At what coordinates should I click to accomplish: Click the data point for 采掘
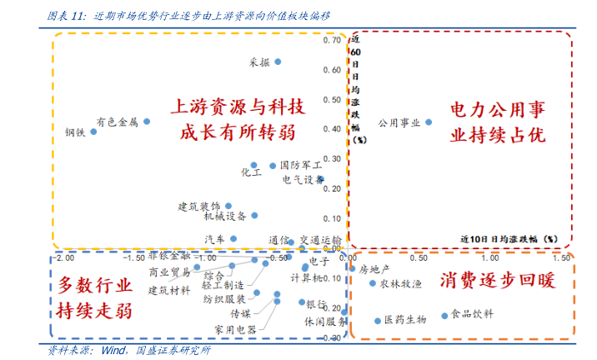(278, 62)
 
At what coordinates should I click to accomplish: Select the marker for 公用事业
(429, 122)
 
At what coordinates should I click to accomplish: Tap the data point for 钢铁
(93, 132)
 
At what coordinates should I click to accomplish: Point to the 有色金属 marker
(147, 121)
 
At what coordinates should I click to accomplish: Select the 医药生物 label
(405, 320)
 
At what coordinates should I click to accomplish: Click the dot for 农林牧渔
(373, 283)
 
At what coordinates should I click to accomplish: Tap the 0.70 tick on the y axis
(331, 40)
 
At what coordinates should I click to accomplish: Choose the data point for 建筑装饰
(228, 205)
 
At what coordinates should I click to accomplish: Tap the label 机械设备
(224, 217)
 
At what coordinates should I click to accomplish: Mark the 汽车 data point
(234, 238)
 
